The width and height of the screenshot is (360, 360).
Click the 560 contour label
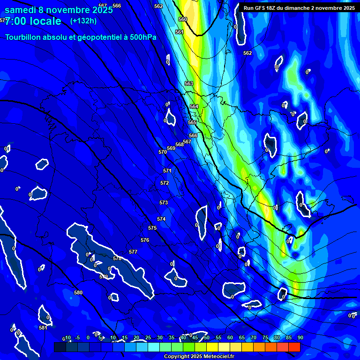[183, 19]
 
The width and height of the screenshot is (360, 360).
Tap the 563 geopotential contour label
[189, 83]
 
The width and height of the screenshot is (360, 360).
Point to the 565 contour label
[192, 122]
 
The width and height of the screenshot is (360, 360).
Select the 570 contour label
[163, 152]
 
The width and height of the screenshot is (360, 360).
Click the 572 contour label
[165, 183]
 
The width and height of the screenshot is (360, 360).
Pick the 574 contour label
[161, 219]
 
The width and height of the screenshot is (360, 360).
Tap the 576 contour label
[145, 240]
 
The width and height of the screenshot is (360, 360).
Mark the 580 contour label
[78, 292]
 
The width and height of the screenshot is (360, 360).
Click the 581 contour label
[43, 328]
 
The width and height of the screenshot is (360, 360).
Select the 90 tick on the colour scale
[300, 337]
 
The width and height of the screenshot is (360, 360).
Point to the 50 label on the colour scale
[206, 337]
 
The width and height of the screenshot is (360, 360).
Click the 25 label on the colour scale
[148, 337]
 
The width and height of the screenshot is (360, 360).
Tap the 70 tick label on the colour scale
[253, 337]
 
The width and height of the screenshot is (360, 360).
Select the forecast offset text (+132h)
[83, 21]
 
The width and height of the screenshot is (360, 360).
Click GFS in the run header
[261, 8]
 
